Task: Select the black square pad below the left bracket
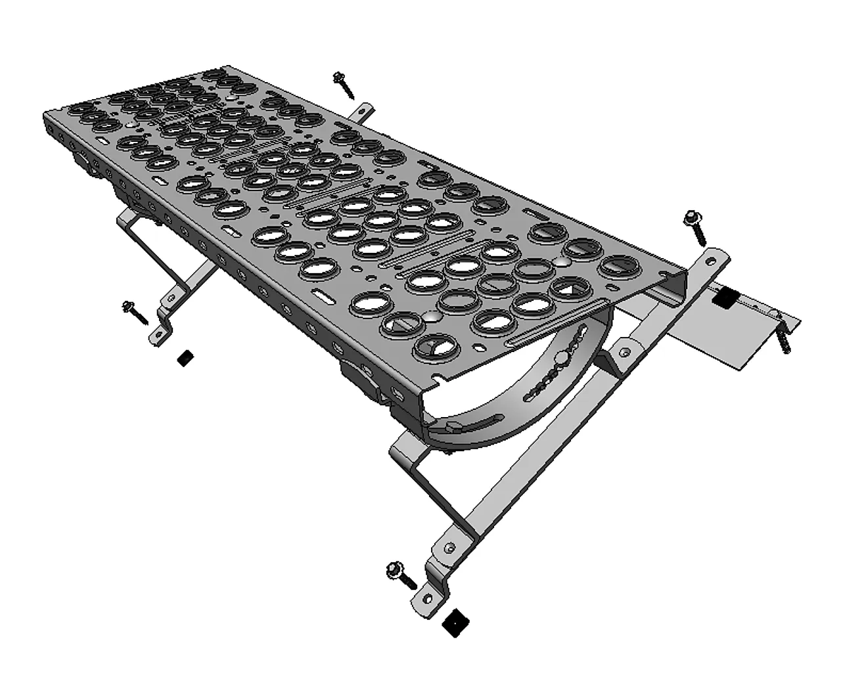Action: coord(186,358)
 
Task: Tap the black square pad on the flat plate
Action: coord(723,298)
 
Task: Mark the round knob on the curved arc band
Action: coord(562,359)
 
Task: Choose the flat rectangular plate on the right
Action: coord(729,332)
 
